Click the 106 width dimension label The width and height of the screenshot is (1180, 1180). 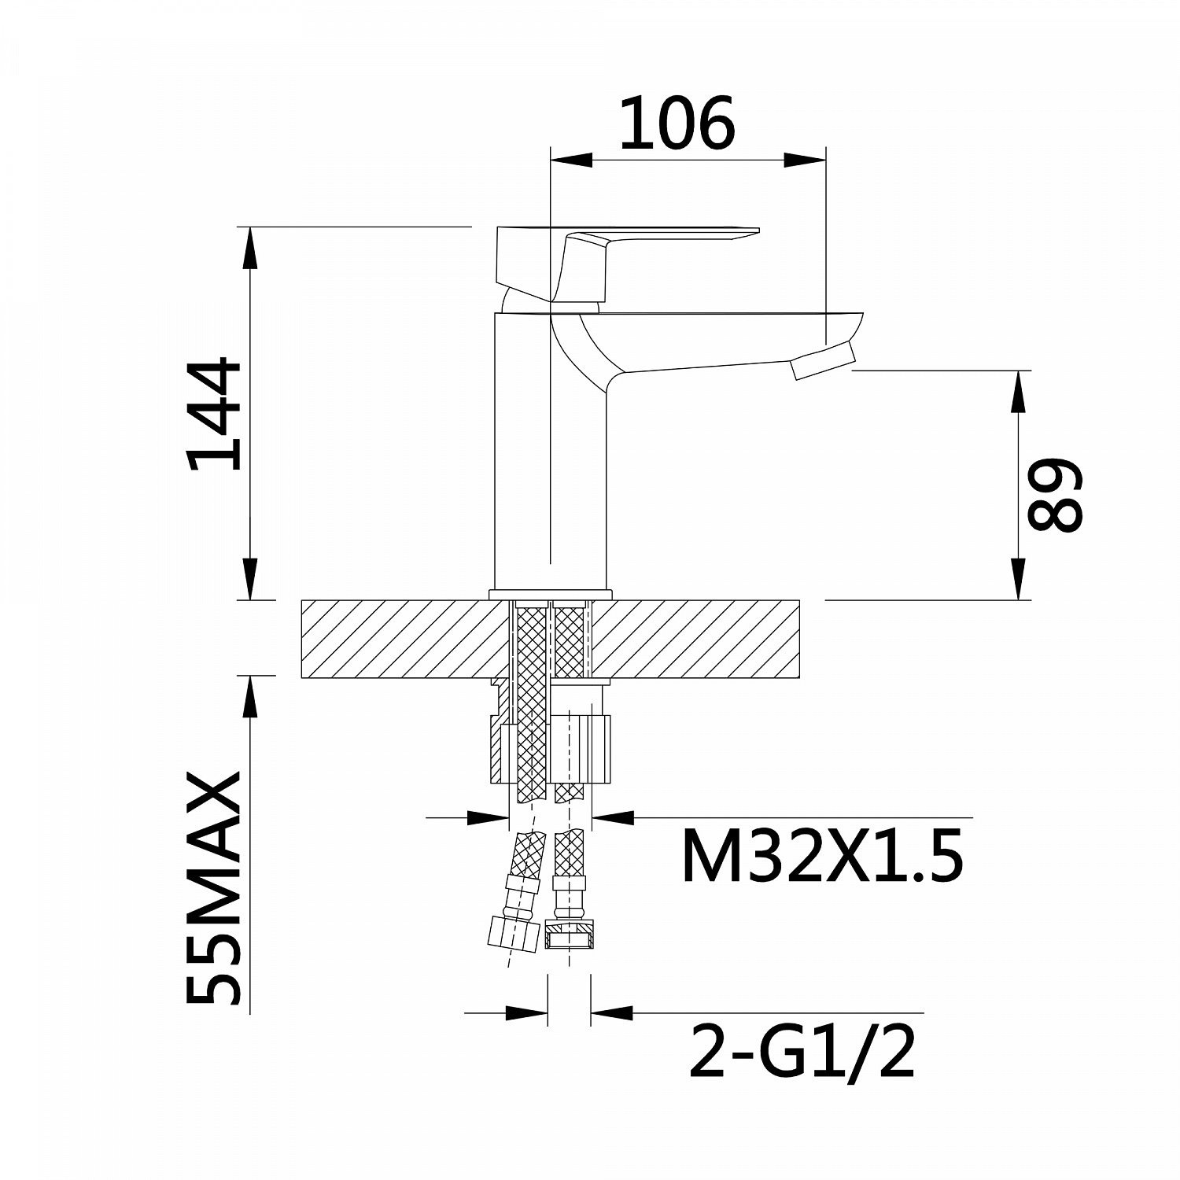677,124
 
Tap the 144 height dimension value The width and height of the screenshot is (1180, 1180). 214,415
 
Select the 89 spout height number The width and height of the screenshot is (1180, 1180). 1056,494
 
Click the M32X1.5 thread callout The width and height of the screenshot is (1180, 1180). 822,857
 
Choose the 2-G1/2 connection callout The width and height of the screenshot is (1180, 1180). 802,1052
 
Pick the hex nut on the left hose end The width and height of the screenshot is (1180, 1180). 512,933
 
